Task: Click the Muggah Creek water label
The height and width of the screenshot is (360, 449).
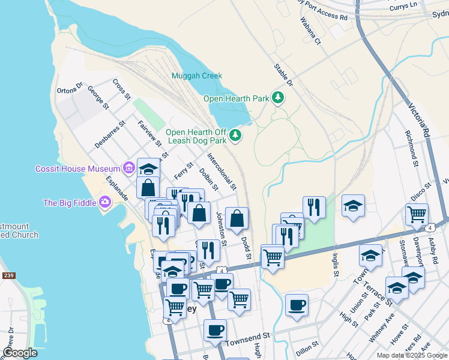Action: tap(196, 76)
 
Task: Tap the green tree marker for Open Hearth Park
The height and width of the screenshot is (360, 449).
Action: tap(277, 97)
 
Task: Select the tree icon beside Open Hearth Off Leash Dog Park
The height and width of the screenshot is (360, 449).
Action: tap(236, 136)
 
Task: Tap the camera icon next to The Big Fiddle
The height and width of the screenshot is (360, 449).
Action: tap(106, 202)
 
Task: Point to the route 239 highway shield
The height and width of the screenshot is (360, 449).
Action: tap(8, 275)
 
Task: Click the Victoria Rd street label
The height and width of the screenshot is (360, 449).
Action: tap(419, 120)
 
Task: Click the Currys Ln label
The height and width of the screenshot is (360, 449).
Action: tap(421, 5)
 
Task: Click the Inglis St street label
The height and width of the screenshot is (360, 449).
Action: tap(335, 264)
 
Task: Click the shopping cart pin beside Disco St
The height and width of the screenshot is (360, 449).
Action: tap(417, 214)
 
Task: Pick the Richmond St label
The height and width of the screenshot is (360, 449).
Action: tap(411, 148)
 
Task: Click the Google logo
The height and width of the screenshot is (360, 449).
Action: tap(20, 353)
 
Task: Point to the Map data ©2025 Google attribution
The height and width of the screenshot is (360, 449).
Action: tap(411, 355)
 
